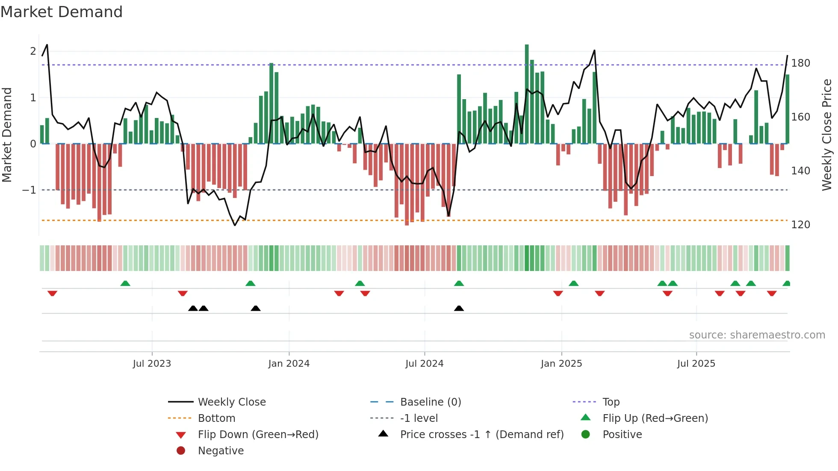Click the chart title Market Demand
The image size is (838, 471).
[62, 12]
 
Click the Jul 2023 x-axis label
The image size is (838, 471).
[152, 364]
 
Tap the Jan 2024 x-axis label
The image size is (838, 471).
[289, 364]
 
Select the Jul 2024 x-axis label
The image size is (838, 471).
[425, 364]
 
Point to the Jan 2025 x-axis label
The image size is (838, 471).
[561, 364]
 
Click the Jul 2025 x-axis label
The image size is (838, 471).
[696, 364]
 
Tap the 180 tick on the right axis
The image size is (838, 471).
[800, 63]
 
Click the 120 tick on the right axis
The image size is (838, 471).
[800, 225]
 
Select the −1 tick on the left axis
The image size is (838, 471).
[29, 190]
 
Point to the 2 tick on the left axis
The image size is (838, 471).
[33, 51]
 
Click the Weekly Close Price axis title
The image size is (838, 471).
[827, 135]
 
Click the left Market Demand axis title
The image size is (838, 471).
[7, 135]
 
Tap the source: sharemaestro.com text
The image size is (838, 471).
[757, 335]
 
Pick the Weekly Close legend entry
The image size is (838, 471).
[231, 402]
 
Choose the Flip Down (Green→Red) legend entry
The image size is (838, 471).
[258, 435]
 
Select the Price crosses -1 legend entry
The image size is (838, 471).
[481, 435]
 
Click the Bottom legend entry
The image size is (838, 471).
[216, 418]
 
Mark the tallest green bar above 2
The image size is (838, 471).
[527, 94]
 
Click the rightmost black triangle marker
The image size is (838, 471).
[459, 308]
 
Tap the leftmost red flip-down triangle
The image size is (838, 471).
[52, 293]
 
